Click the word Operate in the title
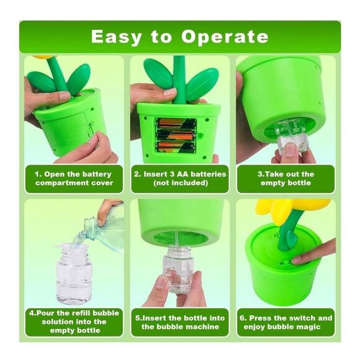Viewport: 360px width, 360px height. [225, 37]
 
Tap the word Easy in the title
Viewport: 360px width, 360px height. [117, 37]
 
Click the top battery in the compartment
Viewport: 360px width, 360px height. [176, 124]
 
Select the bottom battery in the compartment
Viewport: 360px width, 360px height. [176, 147]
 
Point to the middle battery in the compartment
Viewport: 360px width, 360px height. [176, 135]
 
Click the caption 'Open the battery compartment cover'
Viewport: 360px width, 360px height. [74, 178]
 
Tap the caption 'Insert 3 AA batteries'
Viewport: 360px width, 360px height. [180, 178]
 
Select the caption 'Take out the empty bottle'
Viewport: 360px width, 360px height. [286, 178]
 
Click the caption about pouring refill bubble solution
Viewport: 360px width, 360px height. [74, 322]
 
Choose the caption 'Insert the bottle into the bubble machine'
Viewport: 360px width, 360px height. [180, 322]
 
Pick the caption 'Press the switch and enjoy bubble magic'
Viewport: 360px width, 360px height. [286, 322]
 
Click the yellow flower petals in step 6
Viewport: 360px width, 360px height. [292, 209]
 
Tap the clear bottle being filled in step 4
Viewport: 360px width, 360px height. [74, 274]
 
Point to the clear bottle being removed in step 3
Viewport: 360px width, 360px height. [292, 138]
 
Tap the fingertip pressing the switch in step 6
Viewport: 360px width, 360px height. [296, 260]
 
